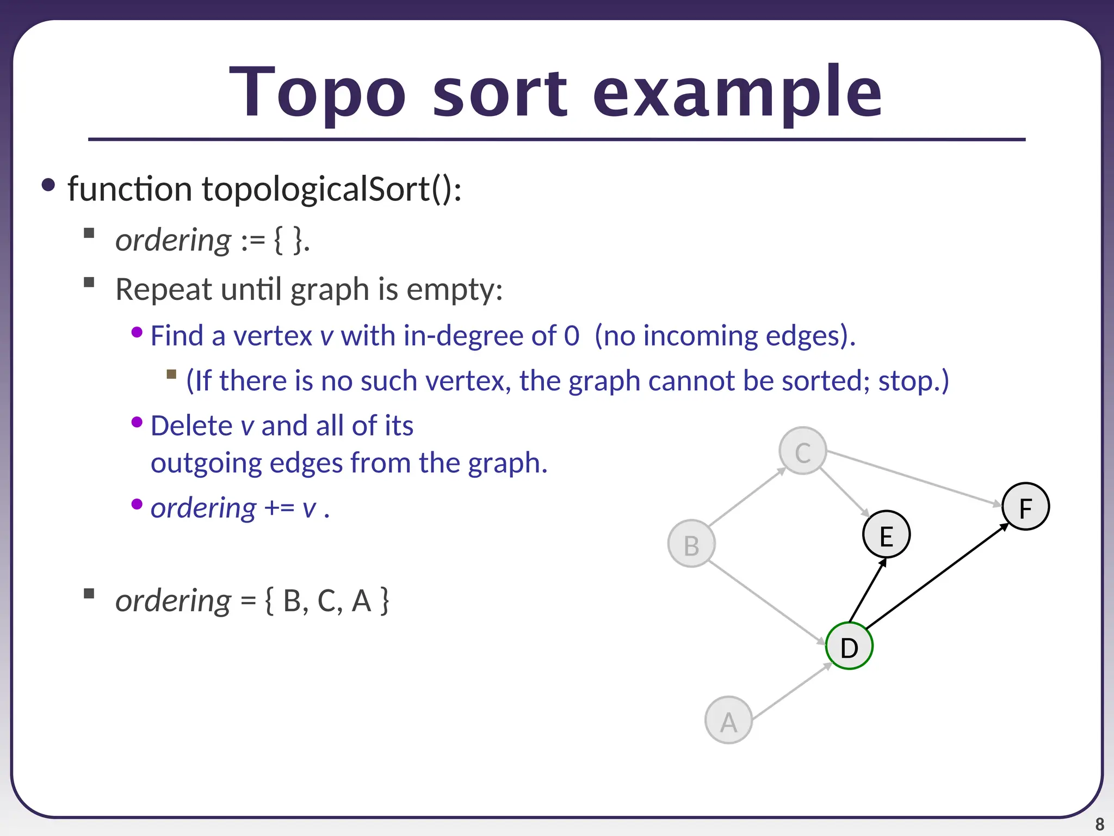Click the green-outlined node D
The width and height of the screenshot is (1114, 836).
(x=849, y=646)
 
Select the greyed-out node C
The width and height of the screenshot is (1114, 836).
(x=803, y=451)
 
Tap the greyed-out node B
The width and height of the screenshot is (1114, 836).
(x=691, y=544)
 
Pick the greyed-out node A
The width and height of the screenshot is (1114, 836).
(x=728, y=720)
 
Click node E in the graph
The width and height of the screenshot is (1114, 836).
(x=886, y=534)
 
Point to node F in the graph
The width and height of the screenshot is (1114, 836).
(x=1025, y=507)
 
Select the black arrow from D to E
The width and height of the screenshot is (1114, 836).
(x=868, y=591)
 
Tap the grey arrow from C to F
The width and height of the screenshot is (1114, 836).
(x=914, y=478)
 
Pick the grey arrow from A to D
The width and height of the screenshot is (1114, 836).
(x=792, y=691)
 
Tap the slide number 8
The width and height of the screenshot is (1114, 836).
(x=1099, y=824)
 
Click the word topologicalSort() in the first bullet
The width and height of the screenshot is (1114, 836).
(x=332, y=189)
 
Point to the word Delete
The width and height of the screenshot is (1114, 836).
(x=191, y=426)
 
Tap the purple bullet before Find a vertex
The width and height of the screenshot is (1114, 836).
(x=137, y=332)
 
